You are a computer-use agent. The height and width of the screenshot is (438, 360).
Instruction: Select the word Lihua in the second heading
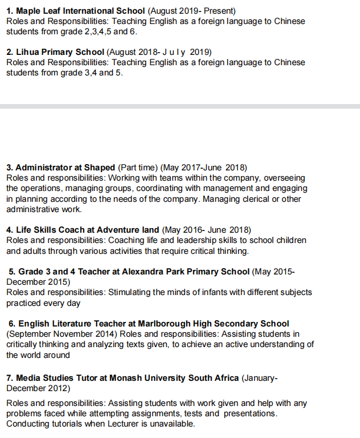27,52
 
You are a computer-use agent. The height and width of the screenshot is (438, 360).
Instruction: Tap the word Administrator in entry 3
43,168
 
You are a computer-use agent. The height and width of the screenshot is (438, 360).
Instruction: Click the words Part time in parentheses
137,168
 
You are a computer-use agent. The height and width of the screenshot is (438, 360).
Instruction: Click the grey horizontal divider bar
180,106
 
